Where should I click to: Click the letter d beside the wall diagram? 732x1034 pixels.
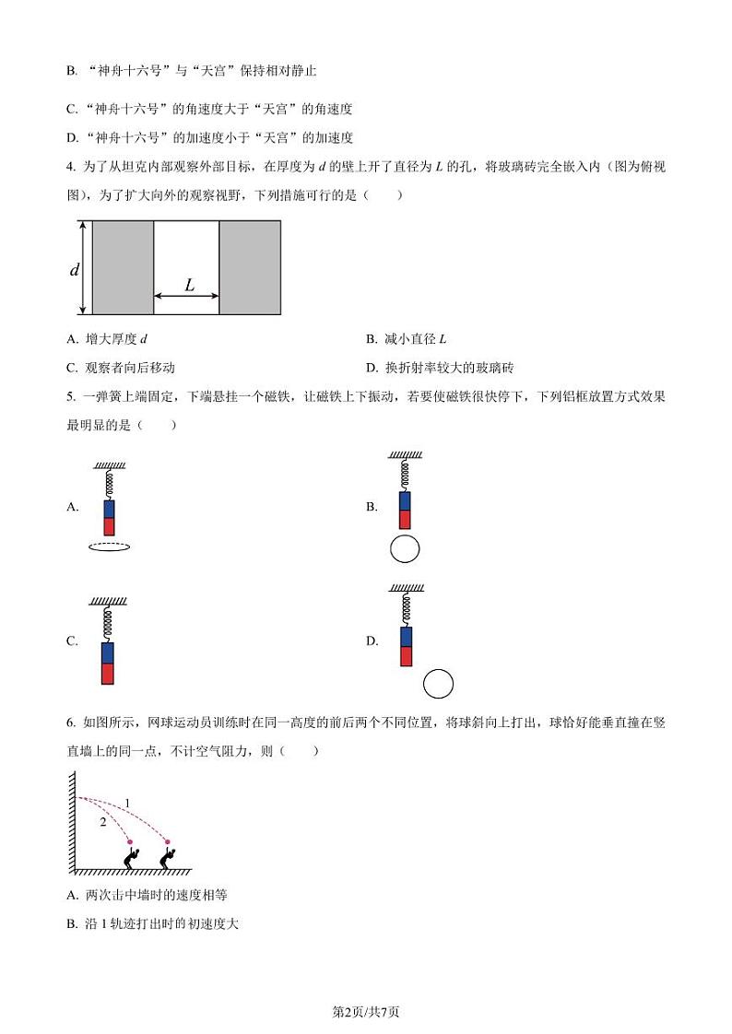pyautogui.click(x=75, y=269)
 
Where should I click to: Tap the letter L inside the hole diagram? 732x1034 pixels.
pyautogui.click(x=189, y=285)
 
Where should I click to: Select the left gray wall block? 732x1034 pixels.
pyautogui.click(x=124, y=268)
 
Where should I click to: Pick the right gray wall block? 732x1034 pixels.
pyautogui.click(x=250, y=268)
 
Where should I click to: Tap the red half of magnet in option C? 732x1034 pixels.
pyautogui.click(x=108, y=674)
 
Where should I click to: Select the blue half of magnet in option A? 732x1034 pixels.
pyautogui.click(x=110, y=509)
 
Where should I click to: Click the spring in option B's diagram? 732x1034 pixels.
pyautogui.click(x=405, y=475)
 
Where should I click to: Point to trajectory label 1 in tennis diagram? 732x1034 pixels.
pyautogui.click(x=127, y=804)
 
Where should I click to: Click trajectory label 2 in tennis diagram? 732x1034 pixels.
pyautogui.click(x=103, y=822)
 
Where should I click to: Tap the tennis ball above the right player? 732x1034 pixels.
pyautogui.click(x=168, y=841)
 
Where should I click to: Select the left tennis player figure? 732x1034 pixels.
pyautogui.click(x=132, y=858)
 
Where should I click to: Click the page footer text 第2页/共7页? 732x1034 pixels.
pyautogui.click(x=365, y=1012)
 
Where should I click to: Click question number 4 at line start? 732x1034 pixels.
pyautogui.click(x=71, y=167)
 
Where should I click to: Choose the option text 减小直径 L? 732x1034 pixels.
pyautogui.click(x=416, y=339)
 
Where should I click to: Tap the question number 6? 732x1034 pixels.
pyautogui.click(x=71, y=723)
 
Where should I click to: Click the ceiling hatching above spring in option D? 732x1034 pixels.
pyautogui.click(x=407, y=588)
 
